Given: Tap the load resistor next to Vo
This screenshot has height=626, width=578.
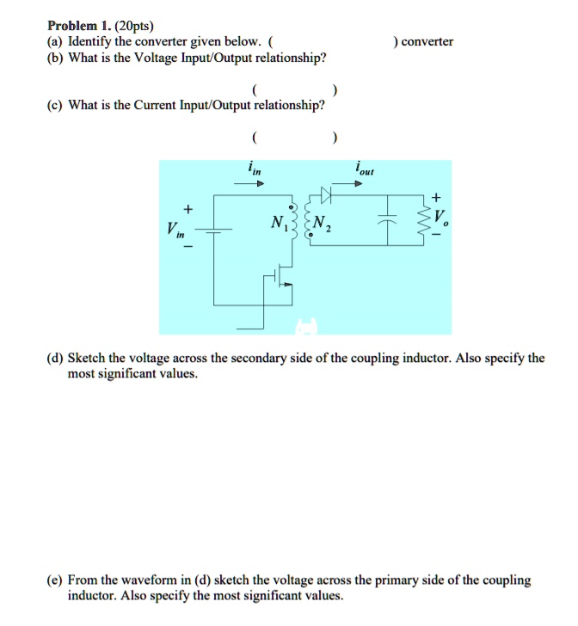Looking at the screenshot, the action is [x=423, y=222].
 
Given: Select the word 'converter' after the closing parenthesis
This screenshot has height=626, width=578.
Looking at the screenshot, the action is [x=427, y=41].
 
